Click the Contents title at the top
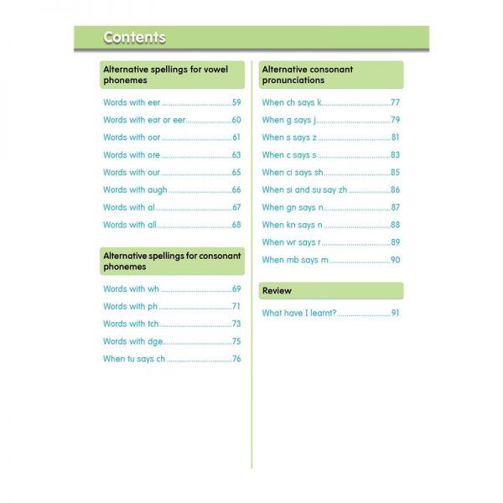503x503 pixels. (x=134, y=38)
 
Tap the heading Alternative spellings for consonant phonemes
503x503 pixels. (x=172, y=261)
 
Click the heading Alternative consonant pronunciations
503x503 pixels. (x=308, y=75)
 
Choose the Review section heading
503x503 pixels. (x=277, y=290)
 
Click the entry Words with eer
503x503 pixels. (x=132, y=102)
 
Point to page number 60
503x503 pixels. (x=236, y=120)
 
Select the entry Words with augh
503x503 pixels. (x=135, y=189)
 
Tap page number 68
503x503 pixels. (x=236, y=225)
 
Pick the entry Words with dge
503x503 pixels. (x=133, y=341)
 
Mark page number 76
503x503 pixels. (x=236, y=359)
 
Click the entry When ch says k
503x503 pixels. (x=292, y=102)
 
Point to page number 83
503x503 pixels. (x=395, y=155)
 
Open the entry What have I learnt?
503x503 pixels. (x=298, y=313)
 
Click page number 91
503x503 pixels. (x=395, y=313)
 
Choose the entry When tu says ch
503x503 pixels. (x=134, y=359)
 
